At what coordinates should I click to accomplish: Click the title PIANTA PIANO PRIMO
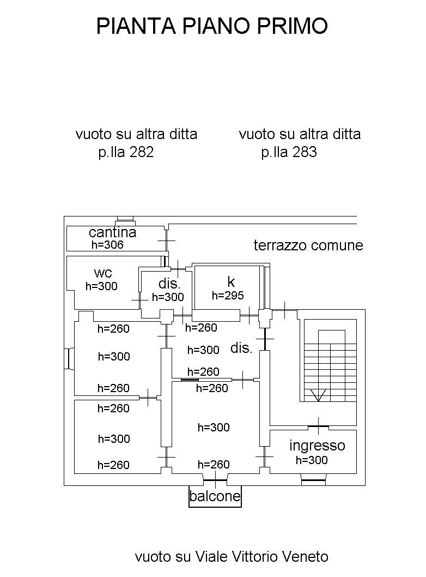coord(212,26)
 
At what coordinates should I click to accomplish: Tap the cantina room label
coord(112,232)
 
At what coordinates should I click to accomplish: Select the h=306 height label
coord(107,245)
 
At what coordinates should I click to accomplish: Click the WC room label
coord(103,273)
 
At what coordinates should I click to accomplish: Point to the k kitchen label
coord(231,281)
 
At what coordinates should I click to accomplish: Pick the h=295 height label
coord(228,296)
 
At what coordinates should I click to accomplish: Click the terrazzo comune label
coord(308,245)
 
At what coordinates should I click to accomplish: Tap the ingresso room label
coord(317,446)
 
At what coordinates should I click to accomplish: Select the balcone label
coord(215,496)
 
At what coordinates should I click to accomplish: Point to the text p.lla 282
coord(126,153)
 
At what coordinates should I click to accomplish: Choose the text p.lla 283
coord(289,153)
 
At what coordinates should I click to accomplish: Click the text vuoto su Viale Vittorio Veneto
coord(232,556)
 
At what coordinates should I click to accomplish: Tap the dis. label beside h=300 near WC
coord(169,284)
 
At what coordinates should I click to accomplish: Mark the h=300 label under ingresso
coord(312,460)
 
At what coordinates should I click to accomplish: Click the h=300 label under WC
coord(101,286)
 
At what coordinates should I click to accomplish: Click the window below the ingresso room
coord(313,481)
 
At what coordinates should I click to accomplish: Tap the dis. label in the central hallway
coord(241,348)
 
